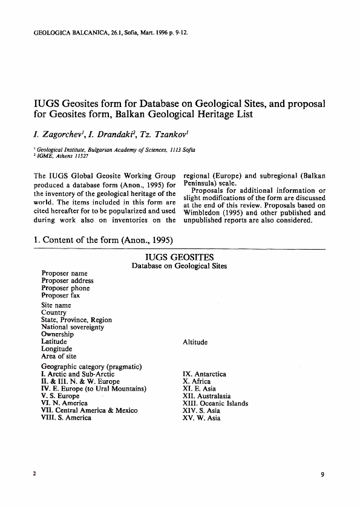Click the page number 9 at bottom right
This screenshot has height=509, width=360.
324,475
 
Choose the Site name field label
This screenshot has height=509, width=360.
59,306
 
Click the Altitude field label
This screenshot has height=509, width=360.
195,342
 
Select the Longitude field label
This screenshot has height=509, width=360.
56,349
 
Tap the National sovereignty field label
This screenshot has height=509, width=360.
73,327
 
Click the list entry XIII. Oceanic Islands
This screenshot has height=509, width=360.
215,403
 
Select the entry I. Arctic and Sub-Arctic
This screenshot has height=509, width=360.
79,375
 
